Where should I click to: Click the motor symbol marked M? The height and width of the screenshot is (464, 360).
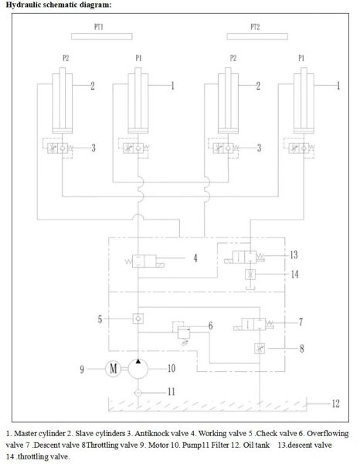pos(114,369)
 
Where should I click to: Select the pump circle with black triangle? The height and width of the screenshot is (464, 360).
pos(138,369)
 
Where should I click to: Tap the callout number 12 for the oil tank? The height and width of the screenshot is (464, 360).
pos(335,404)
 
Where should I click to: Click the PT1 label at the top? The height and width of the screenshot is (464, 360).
pos(99,27)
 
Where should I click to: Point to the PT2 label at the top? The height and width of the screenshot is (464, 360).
pos(255,27)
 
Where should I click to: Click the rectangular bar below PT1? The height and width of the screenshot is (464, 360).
pos(102,36)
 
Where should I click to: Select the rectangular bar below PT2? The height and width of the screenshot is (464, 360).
pos(257,36)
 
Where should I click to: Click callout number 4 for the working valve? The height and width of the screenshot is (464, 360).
pos(195,258)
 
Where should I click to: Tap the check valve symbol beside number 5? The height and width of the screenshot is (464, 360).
pos(138,319)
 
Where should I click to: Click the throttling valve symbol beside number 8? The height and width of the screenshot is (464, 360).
pos(260,349)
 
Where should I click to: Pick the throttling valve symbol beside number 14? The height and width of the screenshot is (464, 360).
pos(250,275)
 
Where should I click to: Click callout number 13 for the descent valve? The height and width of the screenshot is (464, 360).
pos(294,254)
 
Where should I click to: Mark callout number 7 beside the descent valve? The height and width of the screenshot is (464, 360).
pos(301,322)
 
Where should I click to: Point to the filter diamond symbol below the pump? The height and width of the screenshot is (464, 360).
pos(138,393)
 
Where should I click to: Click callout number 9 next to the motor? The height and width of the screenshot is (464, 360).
pos(82,369)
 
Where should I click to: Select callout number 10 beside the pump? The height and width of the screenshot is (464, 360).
pos(172,368)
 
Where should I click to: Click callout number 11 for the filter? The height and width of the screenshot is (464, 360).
pos(172,392)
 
